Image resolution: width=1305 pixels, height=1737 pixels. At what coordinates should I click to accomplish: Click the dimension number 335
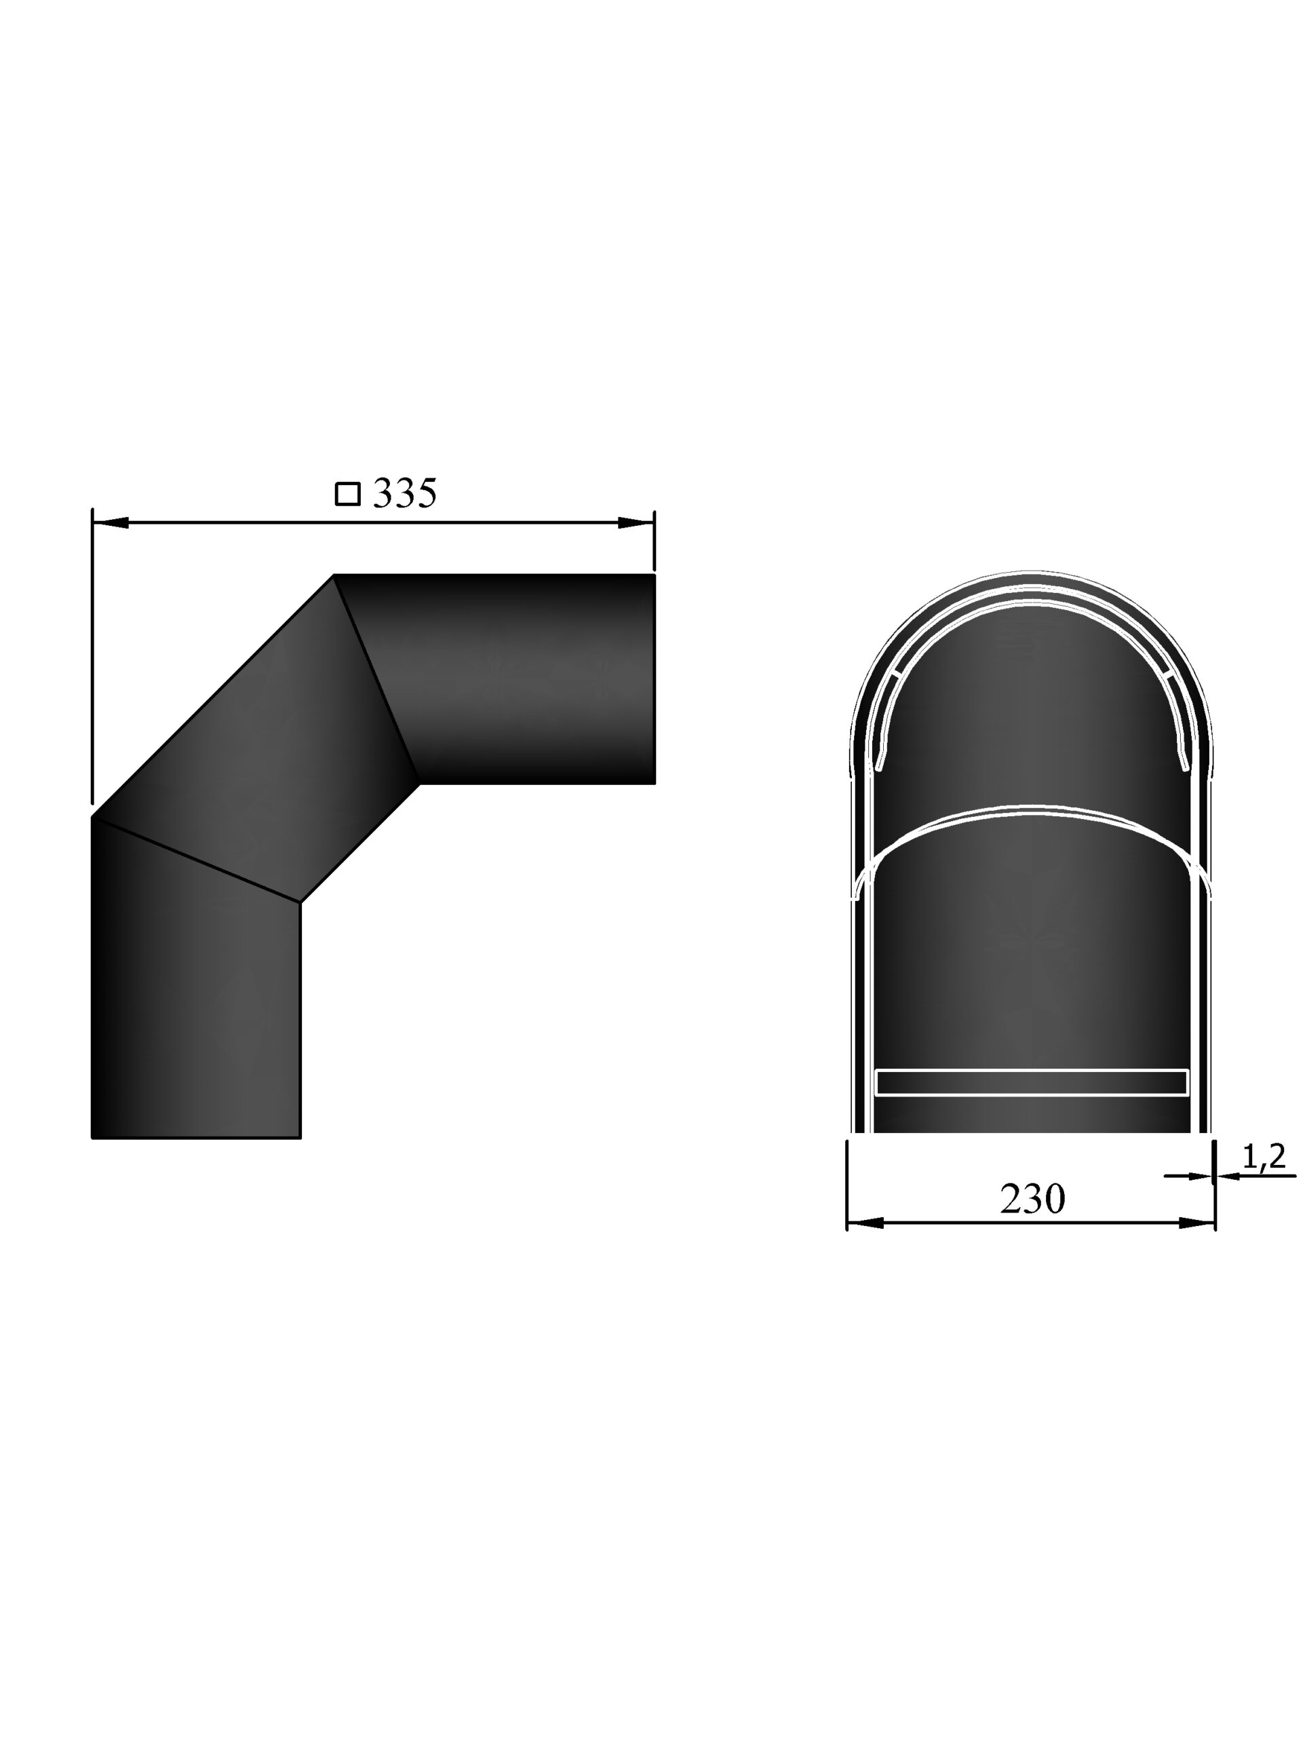[404, 493]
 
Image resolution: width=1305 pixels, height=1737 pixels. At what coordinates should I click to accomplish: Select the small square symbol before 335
[347, 494]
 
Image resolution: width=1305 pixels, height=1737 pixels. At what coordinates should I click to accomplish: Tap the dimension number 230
[1032, 1198]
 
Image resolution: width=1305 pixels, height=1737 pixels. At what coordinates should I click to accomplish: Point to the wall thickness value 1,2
[1264, 1156]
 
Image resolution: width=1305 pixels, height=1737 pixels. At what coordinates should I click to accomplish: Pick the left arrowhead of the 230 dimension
[865, 1223]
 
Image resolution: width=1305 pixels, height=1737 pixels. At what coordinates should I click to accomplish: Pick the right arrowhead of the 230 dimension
[1196, 1223]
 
